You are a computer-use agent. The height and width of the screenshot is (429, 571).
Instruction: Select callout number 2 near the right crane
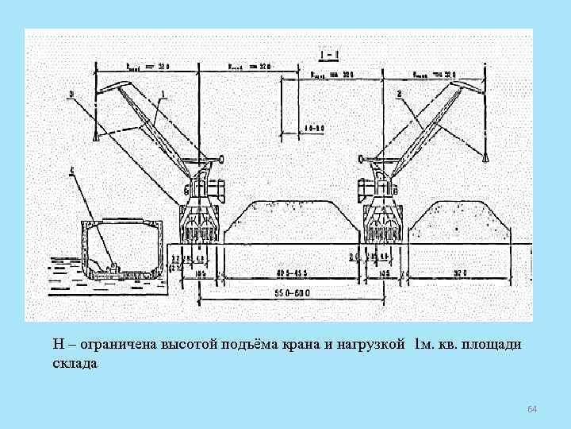(x=400, y=95)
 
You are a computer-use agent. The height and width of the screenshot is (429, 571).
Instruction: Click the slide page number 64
(x=532, y=408)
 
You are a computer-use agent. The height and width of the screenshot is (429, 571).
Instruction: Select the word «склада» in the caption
(x=75, y=364)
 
